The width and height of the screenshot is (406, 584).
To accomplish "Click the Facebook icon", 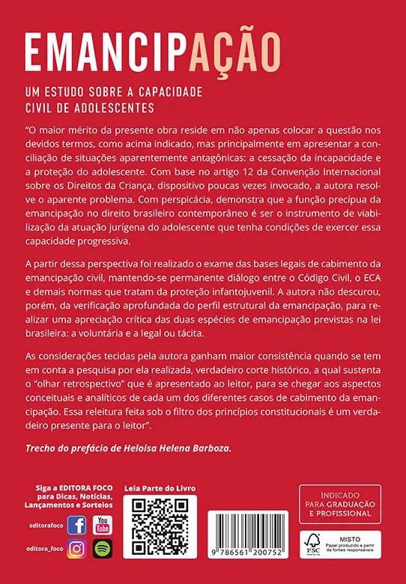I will coord(76,526).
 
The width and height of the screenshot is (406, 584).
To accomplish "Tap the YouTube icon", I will coord(102,526).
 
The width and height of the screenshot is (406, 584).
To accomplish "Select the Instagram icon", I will coord(76,549).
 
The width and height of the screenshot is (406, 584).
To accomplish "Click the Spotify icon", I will coord(102,549).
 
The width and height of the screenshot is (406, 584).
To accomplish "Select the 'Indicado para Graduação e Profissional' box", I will coord(340,504).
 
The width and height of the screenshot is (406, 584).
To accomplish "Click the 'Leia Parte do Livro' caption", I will coord(159,487).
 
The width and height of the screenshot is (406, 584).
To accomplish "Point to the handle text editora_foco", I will coord(46,550).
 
